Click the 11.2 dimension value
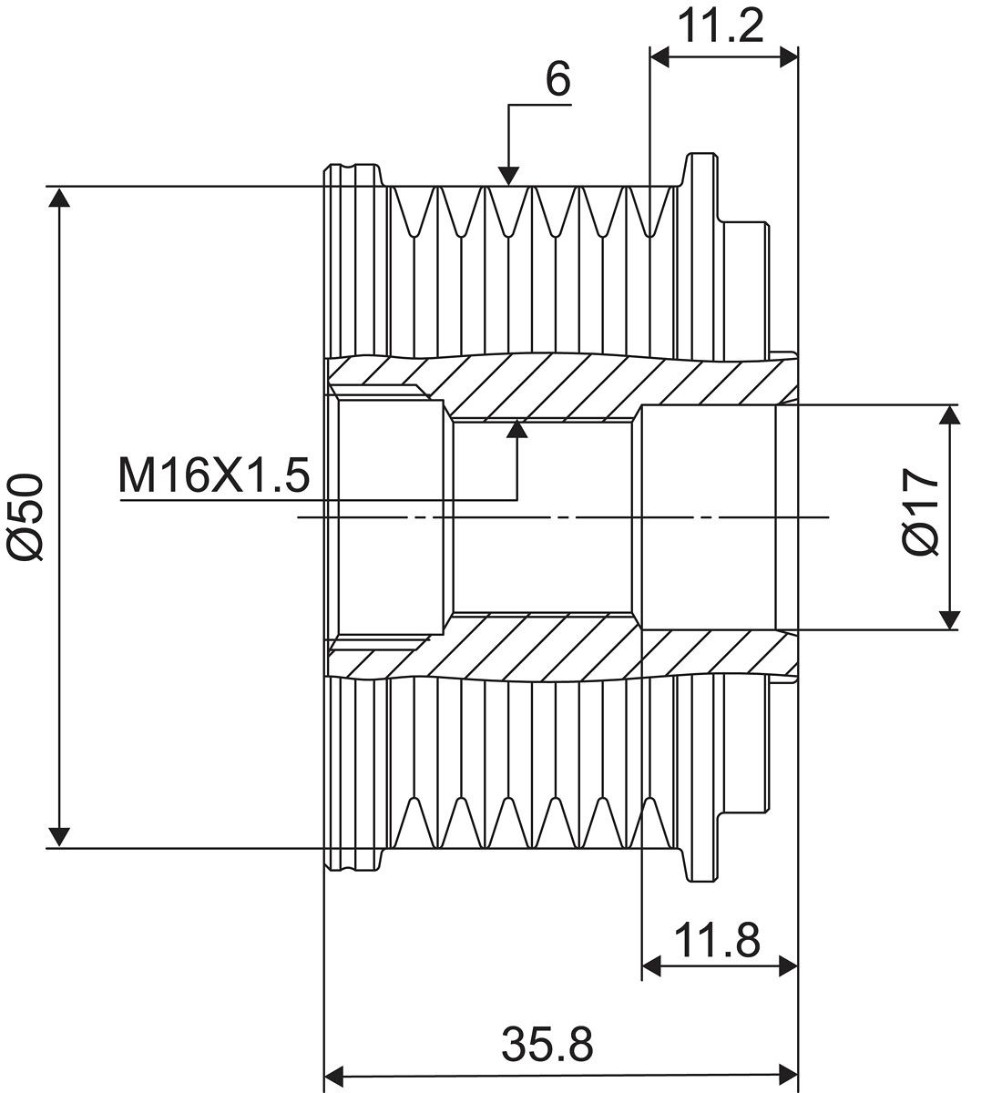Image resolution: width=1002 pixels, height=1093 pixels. [721, 27]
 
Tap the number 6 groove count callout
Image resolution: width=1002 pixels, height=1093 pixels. [558, 78]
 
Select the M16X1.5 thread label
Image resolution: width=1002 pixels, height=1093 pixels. [214, 475]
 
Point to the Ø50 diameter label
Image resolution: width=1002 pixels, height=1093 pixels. [25, 516]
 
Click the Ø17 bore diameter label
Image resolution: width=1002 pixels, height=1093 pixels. [921, 511]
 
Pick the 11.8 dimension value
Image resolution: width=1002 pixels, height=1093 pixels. [717, 941]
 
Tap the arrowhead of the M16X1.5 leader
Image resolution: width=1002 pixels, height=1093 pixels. [516, 429]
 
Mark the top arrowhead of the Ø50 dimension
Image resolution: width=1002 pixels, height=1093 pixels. [59, 197]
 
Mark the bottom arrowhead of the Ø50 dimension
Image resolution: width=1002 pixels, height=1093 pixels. [59, 837]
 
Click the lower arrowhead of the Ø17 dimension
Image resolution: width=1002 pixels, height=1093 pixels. [950, 620]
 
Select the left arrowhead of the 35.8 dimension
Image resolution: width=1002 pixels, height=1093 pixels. [334, 1074]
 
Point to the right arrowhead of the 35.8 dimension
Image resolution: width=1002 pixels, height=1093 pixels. [788, 1074]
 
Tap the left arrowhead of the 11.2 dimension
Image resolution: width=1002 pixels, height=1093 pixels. [659, 56]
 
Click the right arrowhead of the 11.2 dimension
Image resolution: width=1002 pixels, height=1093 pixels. [788, 56]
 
